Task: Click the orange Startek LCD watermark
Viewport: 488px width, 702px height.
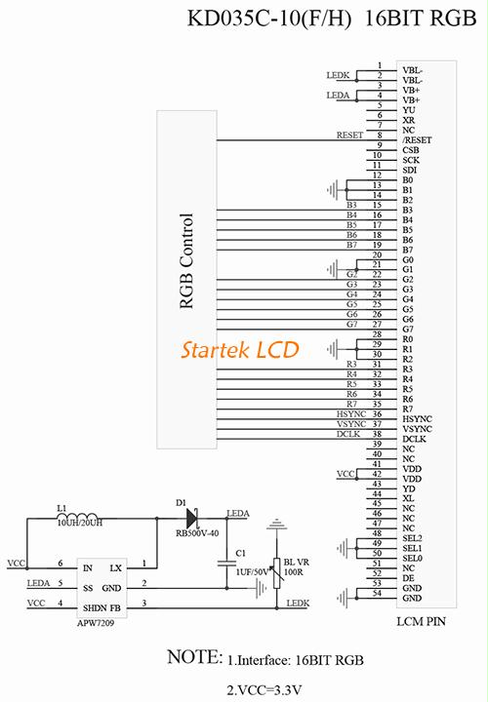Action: click(x=240, y=350)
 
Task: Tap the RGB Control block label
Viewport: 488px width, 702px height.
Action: click(x=186, y=261)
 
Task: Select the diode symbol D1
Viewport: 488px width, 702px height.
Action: click(x=192, y=519)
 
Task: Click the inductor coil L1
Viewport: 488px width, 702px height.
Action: click(x=78, y=516)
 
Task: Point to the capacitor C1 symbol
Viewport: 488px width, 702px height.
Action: click(x=226, y=564)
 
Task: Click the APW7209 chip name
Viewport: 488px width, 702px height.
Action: click(x=96, y=623)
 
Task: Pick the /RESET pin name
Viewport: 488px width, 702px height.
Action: click(x=417, y=140)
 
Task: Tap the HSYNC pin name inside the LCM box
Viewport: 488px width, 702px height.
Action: click(x=417, y=419)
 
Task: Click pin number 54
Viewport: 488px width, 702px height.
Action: click(x=377, y=593)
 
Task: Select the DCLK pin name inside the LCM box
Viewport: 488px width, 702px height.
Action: click(x=414, y=439)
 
